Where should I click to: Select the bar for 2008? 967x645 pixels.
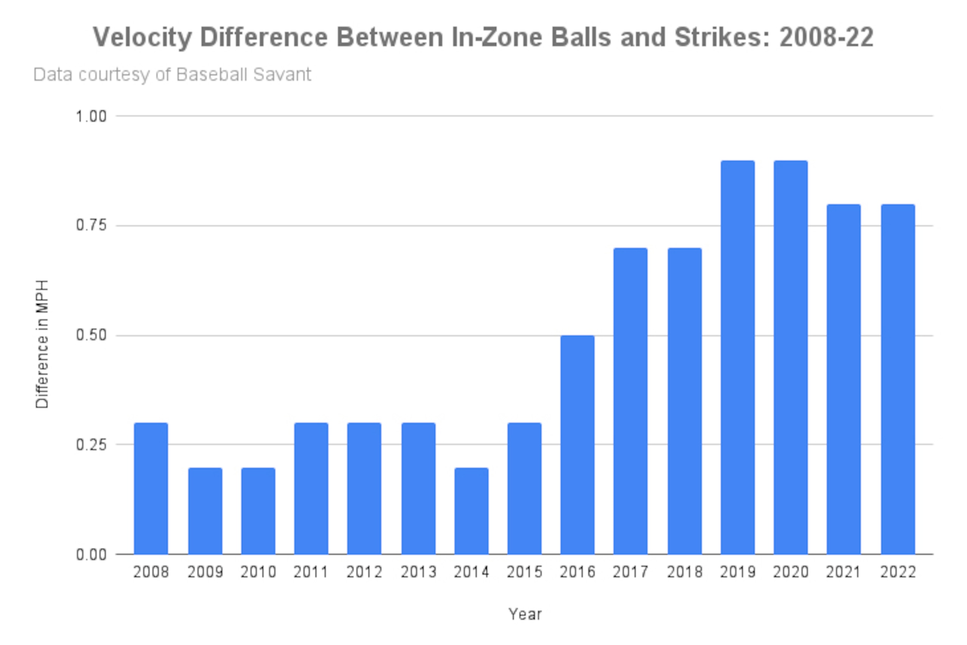(x=151, y=488)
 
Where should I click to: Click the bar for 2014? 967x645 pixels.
(x=471, y=511)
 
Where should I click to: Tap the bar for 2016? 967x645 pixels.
(x=578, y=445)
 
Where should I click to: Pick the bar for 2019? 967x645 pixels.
(x=738, y=358)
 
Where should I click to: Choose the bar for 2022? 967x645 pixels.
(x=898, y=379)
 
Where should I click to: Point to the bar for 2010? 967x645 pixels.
(x=258, y=511)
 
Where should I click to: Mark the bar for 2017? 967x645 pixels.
(x=630, y=401)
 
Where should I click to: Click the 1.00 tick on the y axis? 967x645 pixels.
(x=91, y=116)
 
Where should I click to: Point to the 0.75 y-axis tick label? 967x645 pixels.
(x=91, y=225)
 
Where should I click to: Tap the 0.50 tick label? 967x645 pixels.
(x=91, y=335)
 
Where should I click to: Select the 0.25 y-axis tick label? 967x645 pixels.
(x=91, y=445)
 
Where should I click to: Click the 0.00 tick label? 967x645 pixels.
(x=91, y=554)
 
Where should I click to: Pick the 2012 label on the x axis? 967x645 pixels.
(x=364, y=572)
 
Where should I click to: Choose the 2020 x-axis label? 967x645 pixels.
(x=791, y=572)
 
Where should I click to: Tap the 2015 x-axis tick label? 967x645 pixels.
(x=524, y=572)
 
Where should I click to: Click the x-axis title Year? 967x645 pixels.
(x=525, y=614)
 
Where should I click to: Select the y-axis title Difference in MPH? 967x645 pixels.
(x=42, y=344)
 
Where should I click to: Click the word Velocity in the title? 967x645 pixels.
(x=142, y=38)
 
